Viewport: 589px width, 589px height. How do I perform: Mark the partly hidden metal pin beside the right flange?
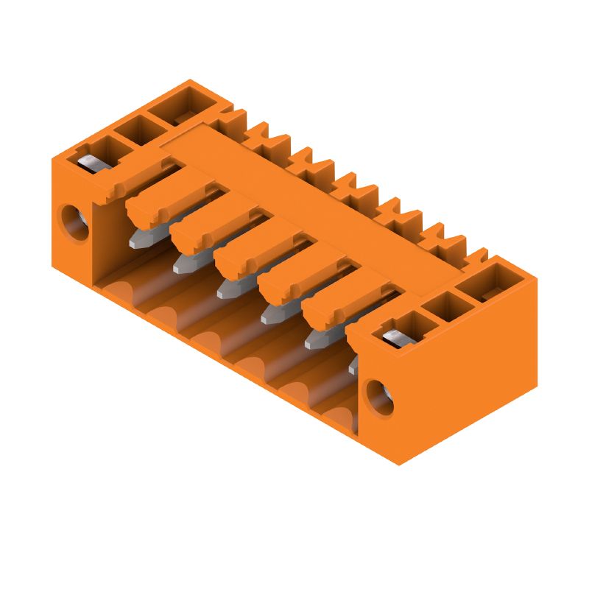(x=353, y=365)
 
